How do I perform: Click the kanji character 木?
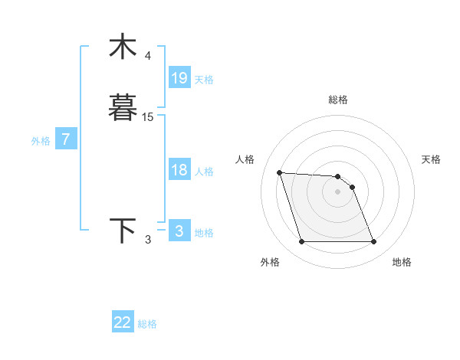(x=122, y=47)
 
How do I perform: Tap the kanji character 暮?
(x=122, y=108)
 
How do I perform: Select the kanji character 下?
(x=122, y=231)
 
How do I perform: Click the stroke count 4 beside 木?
(x=148, y=56)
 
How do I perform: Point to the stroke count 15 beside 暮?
(x=148, y=117)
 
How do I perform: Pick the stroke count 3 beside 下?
(x=148, y=240)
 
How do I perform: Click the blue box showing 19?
(x=179, y=78)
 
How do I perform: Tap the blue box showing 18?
(x=179, y=170)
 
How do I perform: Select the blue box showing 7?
(x=67, y=139)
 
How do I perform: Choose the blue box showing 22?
(x=123, y=322)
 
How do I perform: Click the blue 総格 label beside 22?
(x=147, y=324)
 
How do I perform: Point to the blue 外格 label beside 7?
(x=41, y=141)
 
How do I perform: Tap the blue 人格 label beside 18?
(x=205, y=172)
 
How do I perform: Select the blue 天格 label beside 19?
(x=205, y=80)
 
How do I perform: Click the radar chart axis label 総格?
(x=337, y=100)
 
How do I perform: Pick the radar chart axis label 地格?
(x=402, y=262)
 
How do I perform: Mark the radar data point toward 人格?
(x=279, y=172)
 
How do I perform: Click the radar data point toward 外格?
(x=301, y=242)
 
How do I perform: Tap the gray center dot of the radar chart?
(x=337, y=191)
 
